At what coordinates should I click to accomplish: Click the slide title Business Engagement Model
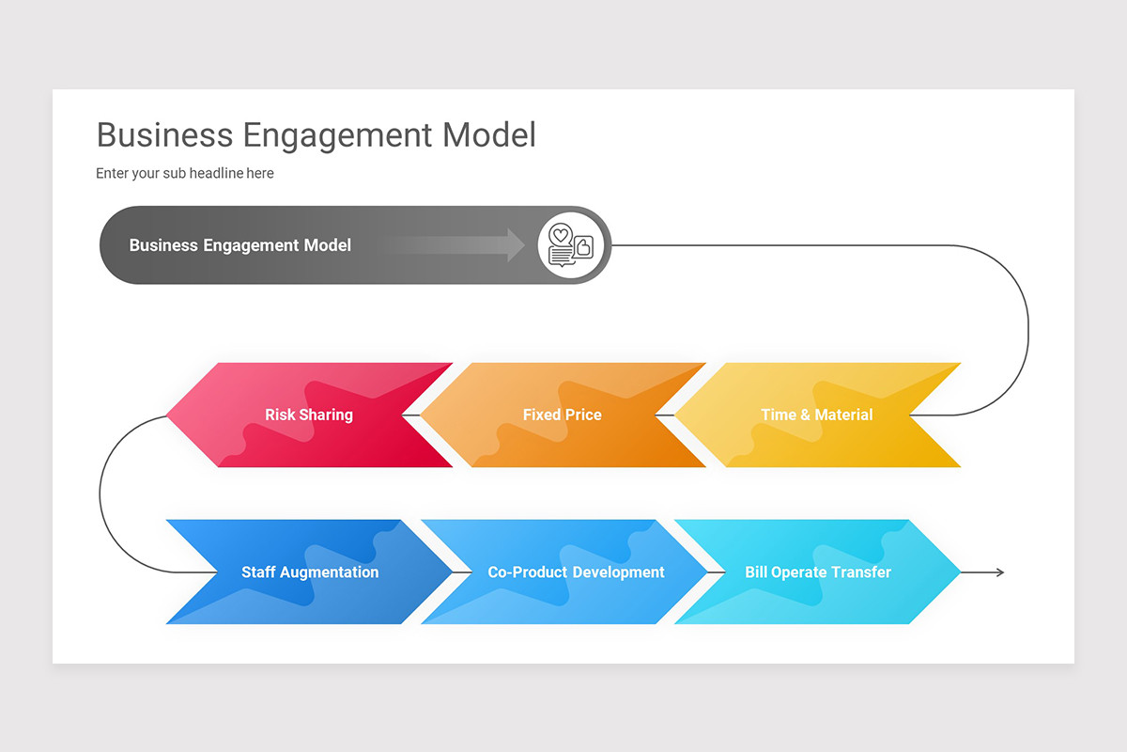[x=316, y=134]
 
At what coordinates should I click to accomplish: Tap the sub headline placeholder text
[x=185, y=173]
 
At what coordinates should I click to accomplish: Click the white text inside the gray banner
[x=239, y=245]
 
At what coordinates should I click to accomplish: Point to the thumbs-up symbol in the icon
[x=583, y=247]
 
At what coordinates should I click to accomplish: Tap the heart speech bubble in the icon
[x=561, y=235]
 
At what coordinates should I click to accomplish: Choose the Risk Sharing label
[x=308, y=415]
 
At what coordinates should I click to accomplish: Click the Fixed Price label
[x=562, y=415]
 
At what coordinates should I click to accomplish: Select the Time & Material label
[x=816, y=415]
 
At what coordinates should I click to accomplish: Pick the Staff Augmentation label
[x=310, y=572]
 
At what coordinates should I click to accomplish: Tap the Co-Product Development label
[x=576, y=572]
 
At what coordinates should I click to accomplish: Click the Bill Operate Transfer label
[x=818, y=572]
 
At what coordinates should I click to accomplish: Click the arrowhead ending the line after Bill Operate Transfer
[x=999, y=572]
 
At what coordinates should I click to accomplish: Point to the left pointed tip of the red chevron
[x=169, y=415]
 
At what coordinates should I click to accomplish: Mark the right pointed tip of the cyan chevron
[x=958, y=572]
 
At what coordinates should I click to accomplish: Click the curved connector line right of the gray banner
[x=1027, y=329]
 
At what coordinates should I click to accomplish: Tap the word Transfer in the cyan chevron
[x=861, y=572]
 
